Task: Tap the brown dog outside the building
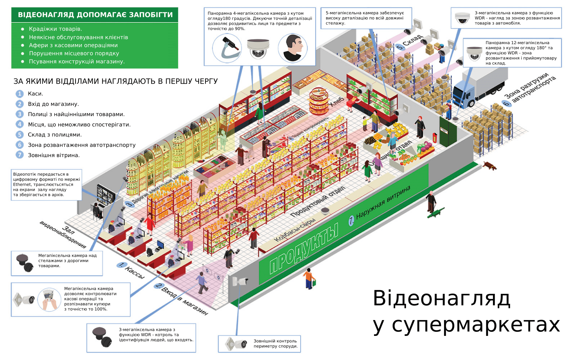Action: [x=490, y=166]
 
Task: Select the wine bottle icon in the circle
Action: [x=227, y=49]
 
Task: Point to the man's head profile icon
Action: [x=293, y=48]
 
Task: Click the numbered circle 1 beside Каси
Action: [x=20, y=94]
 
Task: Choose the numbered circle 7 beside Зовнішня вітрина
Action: [x=20, y=155]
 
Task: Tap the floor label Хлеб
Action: [x=336, y=102]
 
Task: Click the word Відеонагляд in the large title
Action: [x=441, y=298]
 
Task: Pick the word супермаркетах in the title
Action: [x=476, y=325]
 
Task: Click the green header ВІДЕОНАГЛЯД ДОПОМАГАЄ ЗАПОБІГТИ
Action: [x=95, y=15]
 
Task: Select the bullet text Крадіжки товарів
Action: [x=55, y=29]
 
